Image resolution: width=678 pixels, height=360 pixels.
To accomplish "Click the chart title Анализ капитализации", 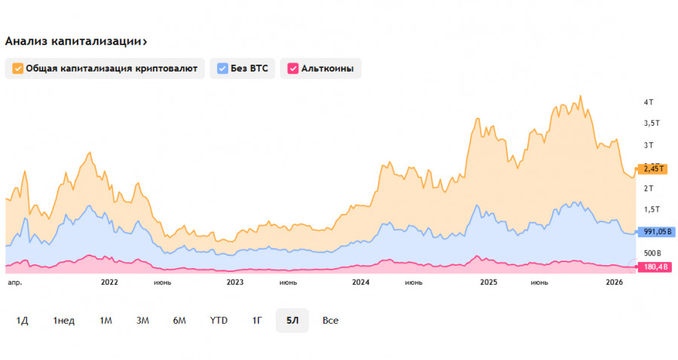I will tap(75, 41).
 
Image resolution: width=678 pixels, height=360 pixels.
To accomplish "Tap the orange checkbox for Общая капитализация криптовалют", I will tap(17, 69).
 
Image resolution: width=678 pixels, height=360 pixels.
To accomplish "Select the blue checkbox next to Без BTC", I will tap(222, 69).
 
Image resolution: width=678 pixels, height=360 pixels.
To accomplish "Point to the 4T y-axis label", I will tap(648, 102).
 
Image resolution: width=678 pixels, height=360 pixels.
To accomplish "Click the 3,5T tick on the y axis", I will tap(652, 123).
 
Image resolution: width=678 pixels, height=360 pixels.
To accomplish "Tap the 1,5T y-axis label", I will tap(652, 209).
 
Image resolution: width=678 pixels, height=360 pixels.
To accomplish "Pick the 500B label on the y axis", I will tap(652, 252).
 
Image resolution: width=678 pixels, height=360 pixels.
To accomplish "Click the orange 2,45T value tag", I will tap(652, 169).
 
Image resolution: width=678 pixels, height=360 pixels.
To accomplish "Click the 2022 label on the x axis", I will tap(109, 282).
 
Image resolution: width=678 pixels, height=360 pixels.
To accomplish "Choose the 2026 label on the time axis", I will tap(615, 282).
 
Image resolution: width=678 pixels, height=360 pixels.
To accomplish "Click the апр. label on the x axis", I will tap(14, 282).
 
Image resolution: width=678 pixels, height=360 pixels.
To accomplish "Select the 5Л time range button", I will tap(292, 320).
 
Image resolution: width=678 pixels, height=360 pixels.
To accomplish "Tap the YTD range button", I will tap(218, 320).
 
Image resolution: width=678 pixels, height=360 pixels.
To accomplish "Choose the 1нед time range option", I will tap(64, 320).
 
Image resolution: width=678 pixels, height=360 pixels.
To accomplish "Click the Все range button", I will tap(330, 320).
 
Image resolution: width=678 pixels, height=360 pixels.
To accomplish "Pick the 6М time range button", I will tap(179, 320).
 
